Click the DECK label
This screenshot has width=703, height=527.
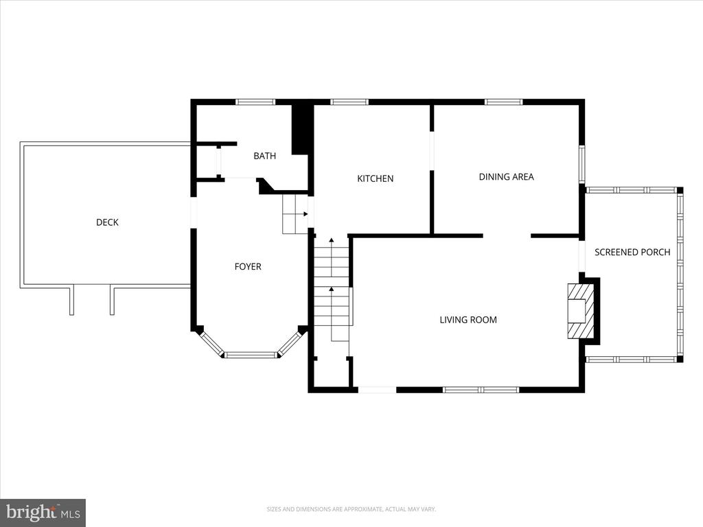pyautogui.click(x=107, y=222)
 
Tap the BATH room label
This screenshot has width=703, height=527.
pyautogui.click(x=264, y=156)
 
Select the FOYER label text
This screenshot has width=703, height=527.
pyautogui.click(x=248, y=267)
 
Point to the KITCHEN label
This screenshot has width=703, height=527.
pyautogui.click(x=376, y=178)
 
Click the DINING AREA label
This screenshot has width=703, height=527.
pyautogui.click(x=506, y=176)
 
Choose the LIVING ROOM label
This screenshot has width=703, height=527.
pyautogui.click(x=468, y=320)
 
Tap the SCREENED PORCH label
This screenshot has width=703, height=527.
pyautogui.click(x=632, y=253)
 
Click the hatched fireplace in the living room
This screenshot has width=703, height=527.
pyautogui.click(x=581, y=311)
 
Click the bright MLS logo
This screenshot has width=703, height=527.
pyautogui.click(x=43, y=513)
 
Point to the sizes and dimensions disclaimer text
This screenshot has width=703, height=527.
pyautogui.click(x=351, y=509)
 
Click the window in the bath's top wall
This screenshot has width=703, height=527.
pyautogui.click(x=255, y=102)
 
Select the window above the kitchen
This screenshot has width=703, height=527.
pyautogui.click(x=349, y=102)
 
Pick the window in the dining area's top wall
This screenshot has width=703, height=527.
pyautogui.click(x=503, y=102)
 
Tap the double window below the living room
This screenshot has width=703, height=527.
pyautogui.click(x=481, y=390)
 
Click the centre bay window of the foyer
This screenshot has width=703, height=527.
pyautogui.click(x=251, y=355)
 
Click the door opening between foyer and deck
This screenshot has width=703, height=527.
pyautogui.click(x=194, y=213)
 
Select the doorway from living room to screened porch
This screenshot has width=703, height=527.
pyautogui.click(x=582, y=257)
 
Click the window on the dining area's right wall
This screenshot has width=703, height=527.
pyautogui.click(x=582, y=164)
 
